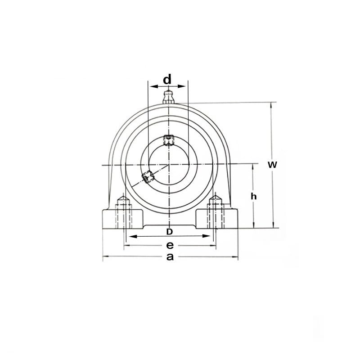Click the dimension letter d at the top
click(167, 79)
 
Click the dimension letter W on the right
click(272, 165)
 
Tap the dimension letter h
click(253, 196)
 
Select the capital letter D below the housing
click(169, 232)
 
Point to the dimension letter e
click(170, 245)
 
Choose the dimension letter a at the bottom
click(170, 256)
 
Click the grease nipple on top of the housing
click(168, 97)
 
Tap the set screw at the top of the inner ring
click(168, 140)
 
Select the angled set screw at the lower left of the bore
click(148, 177)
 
